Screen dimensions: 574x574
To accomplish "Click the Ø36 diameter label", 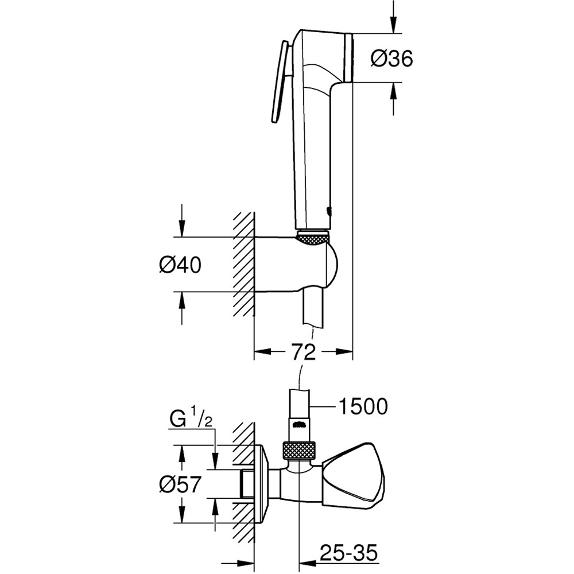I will (391, 59).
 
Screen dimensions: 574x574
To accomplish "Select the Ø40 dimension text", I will (180, 265).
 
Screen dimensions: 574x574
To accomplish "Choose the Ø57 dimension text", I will (180, 486).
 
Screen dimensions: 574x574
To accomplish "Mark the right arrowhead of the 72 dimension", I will (344, 352).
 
